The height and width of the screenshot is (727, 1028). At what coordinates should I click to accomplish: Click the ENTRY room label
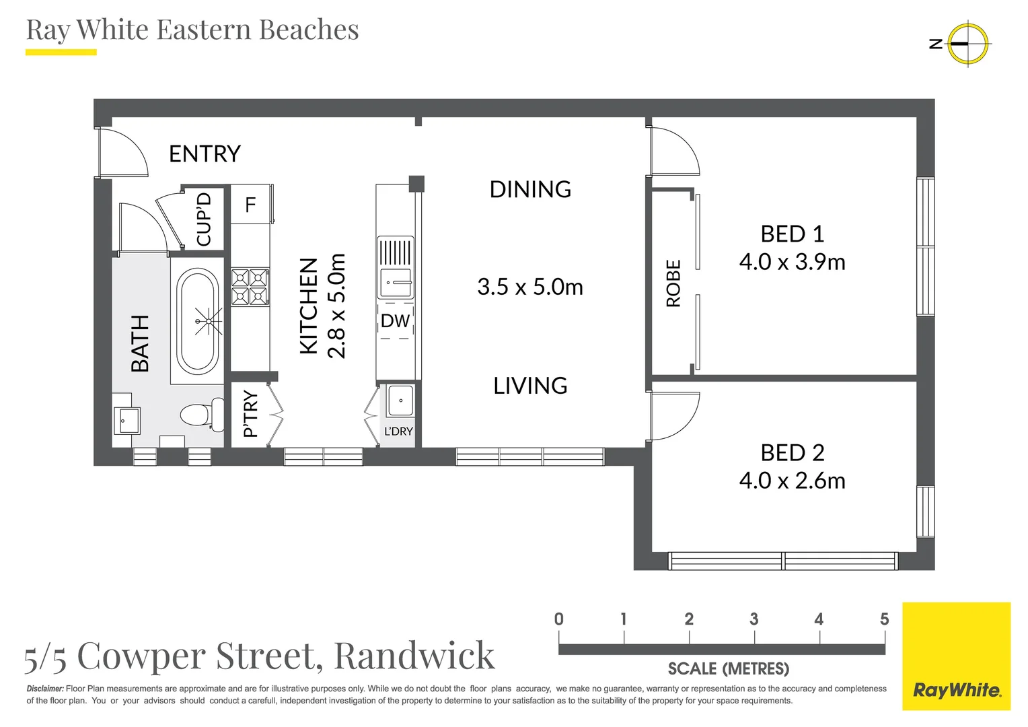coord(205,154)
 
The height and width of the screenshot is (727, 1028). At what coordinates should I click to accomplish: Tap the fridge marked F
coord(250,205)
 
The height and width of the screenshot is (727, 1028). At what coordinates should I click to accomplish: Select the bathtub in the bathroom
coord(197,321)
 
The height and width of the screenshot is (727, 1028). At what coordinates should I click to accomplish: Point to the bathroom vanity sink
coord(126,421)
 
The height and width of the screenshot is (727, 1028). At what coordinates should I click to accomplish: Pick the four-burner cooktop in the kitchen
coord(250,287)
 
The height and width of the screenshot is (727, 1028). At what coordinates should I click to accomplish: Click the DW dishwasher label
coord(395,321)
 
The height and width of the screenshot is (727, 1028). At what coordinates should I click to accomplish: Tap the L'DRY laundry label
coord(398,431)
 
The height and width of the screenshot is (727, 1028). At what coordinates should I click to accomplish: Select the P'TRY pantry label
coord(250,414)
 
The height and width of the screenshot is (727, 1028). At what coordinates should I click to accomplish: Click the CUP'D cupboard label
coord(204,219)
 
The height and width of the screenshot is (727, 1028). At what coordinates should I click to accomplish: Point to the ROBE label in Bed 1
coord(673,283)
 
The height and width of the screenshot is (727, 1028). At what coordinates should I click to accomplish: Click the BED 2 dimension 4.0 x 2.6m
coord(792,481)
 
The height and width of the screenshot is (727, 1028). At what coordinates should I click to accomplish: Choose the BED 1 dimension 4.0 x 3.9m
coord(792,262)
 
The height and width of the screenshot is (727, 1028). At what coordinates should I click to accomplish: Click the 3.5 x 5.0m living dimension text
coord(530,287)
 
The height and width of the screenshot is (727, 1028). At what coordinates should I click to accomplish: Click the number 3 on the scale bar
coord(754,619)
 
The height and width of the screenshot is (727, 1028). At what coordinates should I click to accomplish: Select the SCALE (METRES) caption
coord(729,669)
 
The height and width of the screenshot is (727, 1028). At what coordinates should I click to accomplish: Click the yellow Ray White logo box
coord(956,656)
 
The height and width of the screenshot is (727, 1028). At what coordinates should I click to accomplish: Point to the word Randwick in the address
coord(414,656)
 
